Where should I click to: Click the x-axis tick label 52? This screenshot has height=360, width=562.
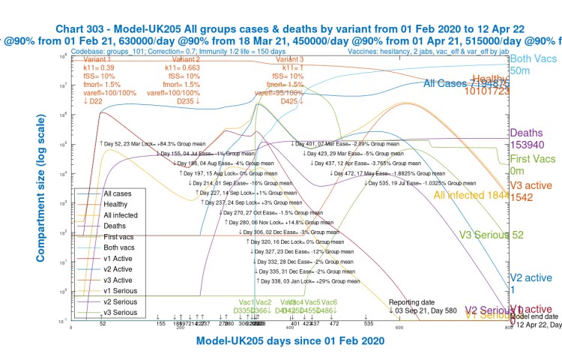[102, 324]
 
